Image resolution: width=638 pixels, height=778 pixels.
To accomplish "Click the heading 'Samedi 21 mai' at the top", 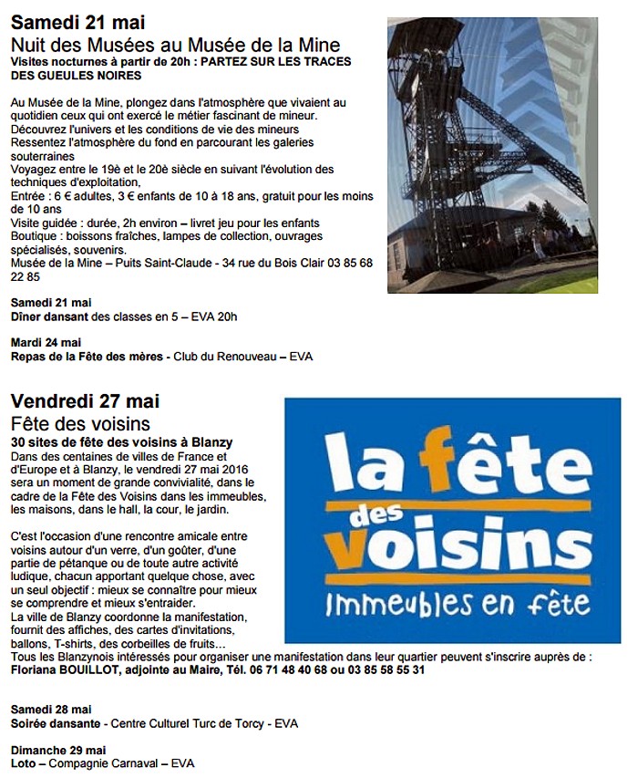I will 78,22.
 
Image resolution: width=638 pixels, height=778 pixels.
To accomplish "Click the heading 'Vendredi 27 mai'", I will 86,401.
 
